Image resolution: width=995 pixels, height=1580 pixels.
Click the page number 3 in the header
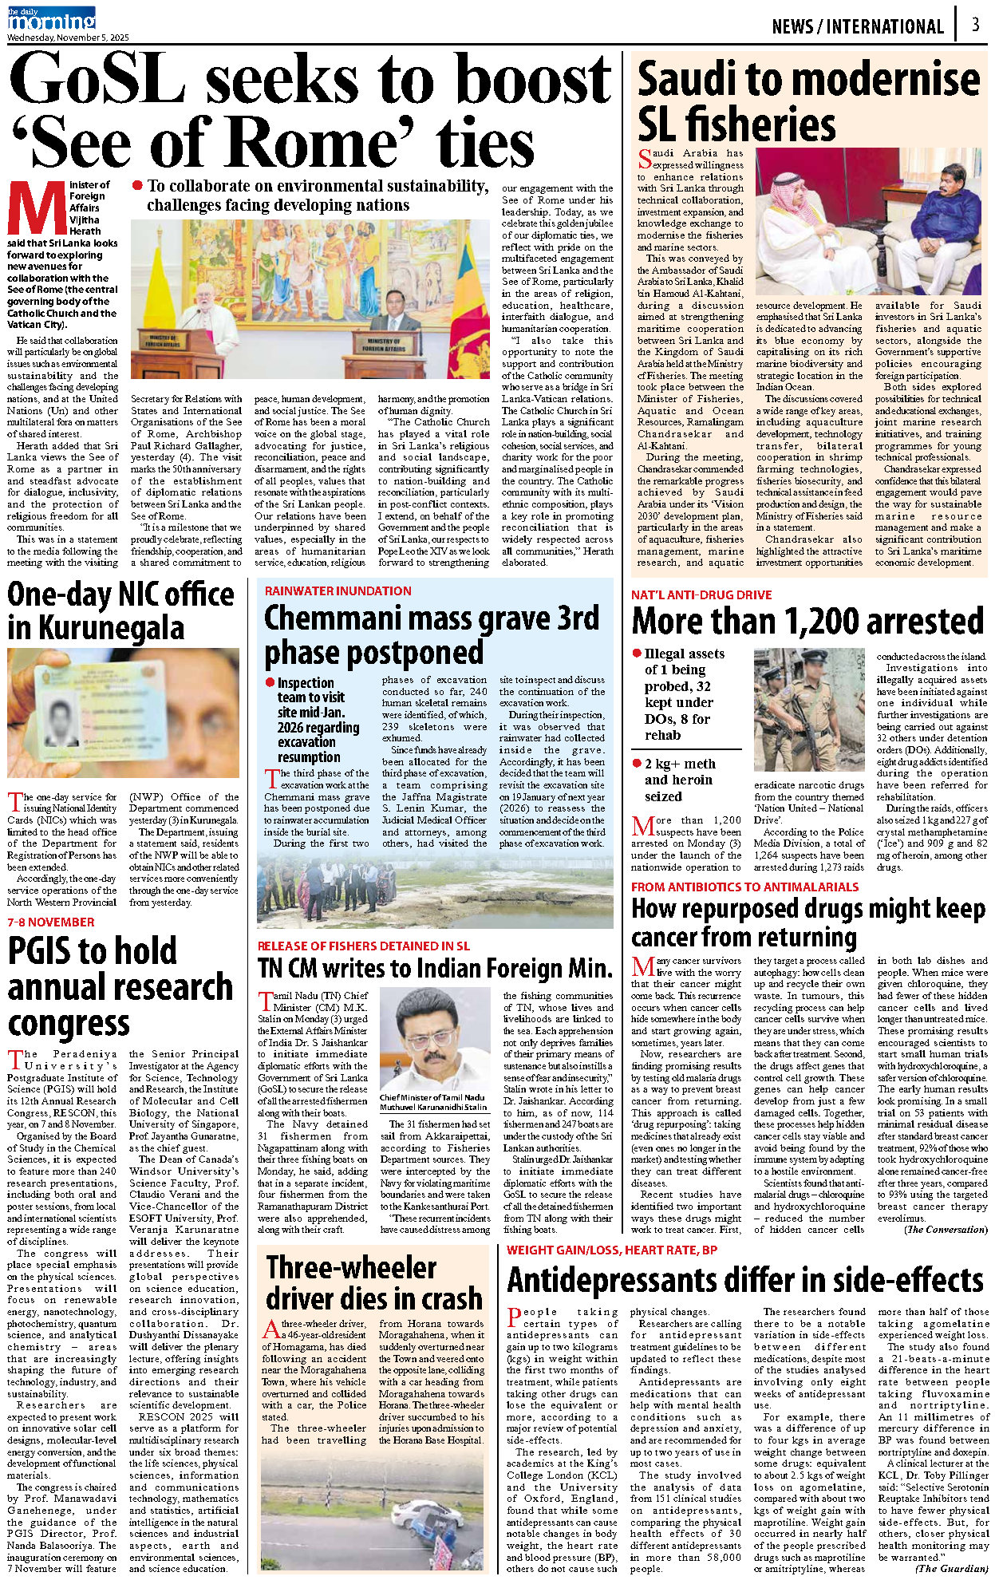(x=975, y=25)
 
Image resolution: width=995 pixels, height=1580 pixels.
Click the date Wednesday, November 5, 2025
(x=68, y=38)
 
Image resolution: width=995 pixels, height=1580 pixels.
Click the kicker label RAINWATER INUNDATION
(x=338, y=591)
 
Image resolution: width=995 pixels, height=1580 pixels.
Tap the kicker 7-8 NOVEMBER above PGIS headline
(x=51, y=922)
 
